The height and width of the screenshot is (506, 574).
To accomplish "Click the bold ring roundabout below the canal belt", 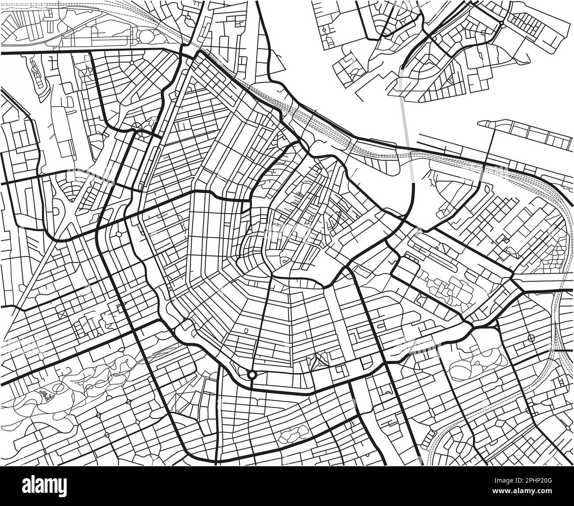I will (x=252, y=374).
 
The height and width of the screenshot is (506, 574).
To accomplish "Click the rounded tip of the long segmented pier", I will (x=482, y=123).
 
